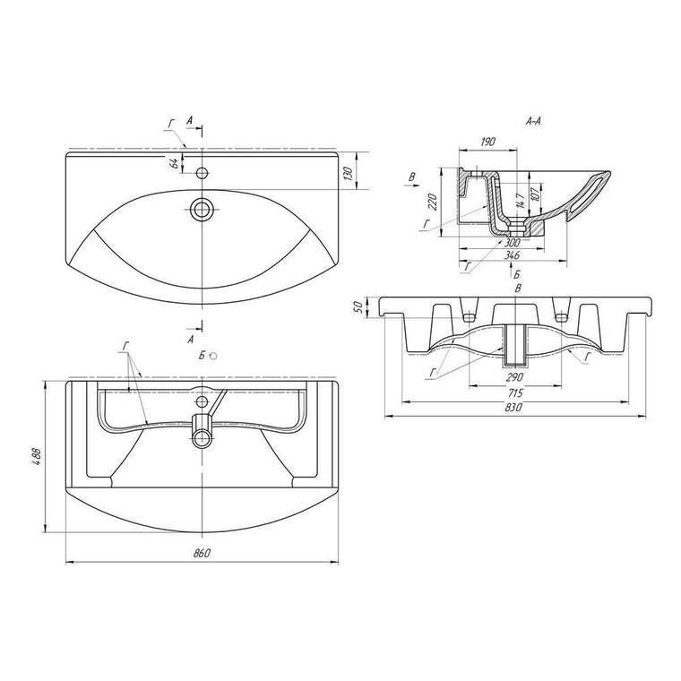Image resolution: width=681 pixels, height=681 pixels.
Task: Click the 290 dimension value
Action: (514, 377)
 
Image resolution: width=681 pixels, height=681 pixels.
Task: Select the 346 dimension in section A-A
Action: (513, 255)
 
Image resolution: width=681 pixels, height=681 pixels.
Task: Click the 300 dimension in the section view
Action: (513, 242)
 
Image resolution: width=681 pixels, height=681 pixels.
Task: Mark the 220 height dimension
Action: (433, 202)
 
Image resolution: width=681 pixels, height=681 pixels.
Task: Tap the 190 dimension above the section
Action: (487, 142)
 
